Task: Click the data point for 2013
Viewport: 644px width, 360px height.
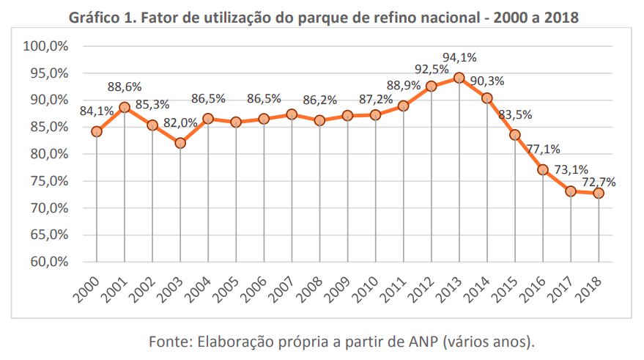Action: [459, 78]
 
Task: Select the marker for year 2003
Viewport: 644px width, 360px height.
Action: [180, 143]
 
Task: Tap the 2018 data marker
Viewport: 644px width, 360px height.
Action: [599, 193]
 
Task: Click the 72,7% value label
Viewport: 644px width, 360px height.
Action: [599, 180]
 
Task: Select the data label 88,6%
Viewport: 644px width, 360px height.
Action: [125, 87]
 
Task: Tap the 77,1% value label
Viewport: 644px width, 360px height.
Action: [543, 150]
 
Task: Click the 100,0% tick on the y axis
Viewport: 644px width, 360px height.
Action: [45, 46]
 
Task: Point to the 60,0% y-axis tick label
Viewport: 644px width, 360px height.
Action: [48, 262]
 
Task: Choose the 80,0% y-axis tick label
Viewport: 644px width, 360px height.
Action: [48, 154]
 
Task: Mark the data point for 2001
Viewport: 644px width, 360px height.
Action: [125, 107]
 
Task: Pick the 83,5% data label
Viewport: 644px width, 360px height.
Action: [515, 114]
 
